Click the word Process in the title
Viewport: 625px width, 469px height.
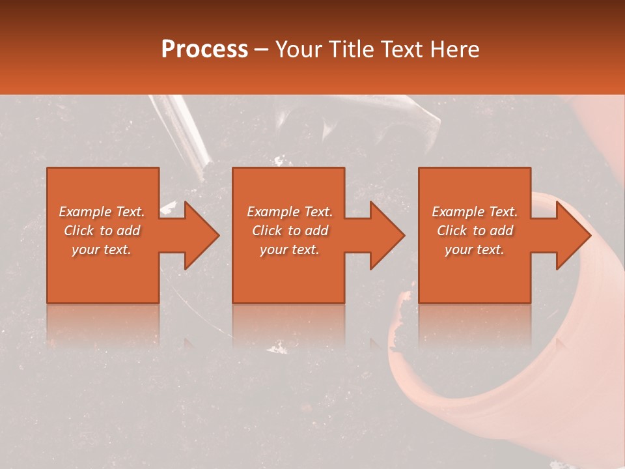pyautogui.click(x=204, y=49)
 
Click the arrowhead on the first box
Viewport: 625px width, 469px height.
pyautogui.click(x=198, y=235)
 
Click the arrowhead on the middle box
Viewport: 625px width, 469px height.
pyautogui.click(x=384, y=235)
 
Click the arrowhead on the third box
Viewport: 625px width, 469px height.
pyautogui.click(x=570, y=235)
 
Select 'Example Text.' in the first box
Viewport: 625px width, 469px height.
pyautogui.click(x=102, y=212)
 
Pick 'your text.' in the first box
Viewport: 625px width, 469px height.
pyautogui.click(x=102, y=249)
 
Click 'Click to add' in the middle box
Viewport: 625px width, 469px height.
pyautogui.click(x=290, y=231)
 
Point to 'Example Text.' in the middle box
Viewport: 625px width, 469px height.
pyautogui.click(x=290, y=212)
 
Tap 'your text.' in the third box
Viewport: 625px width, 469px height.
pyautogui.click(x=474, y=249)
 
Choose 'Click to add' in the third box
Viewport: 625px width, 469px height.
pyautogui.click(x=475, y=231)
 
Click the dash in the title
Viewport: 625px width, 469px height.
pyautogui.click(x=262, y=50)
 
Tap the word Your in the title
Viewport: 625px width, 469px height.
pyautogui.click(x=298, y=50)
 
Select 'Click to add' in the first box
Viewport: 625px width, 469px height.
pyautogui.click(x=102, y=231)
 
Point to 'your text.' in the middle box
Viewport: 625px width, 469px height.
pyautogui.click(x=290, y=249)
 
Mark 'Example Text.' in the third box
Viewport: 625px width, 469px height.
pyautogui.click(x=475, y=212)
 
